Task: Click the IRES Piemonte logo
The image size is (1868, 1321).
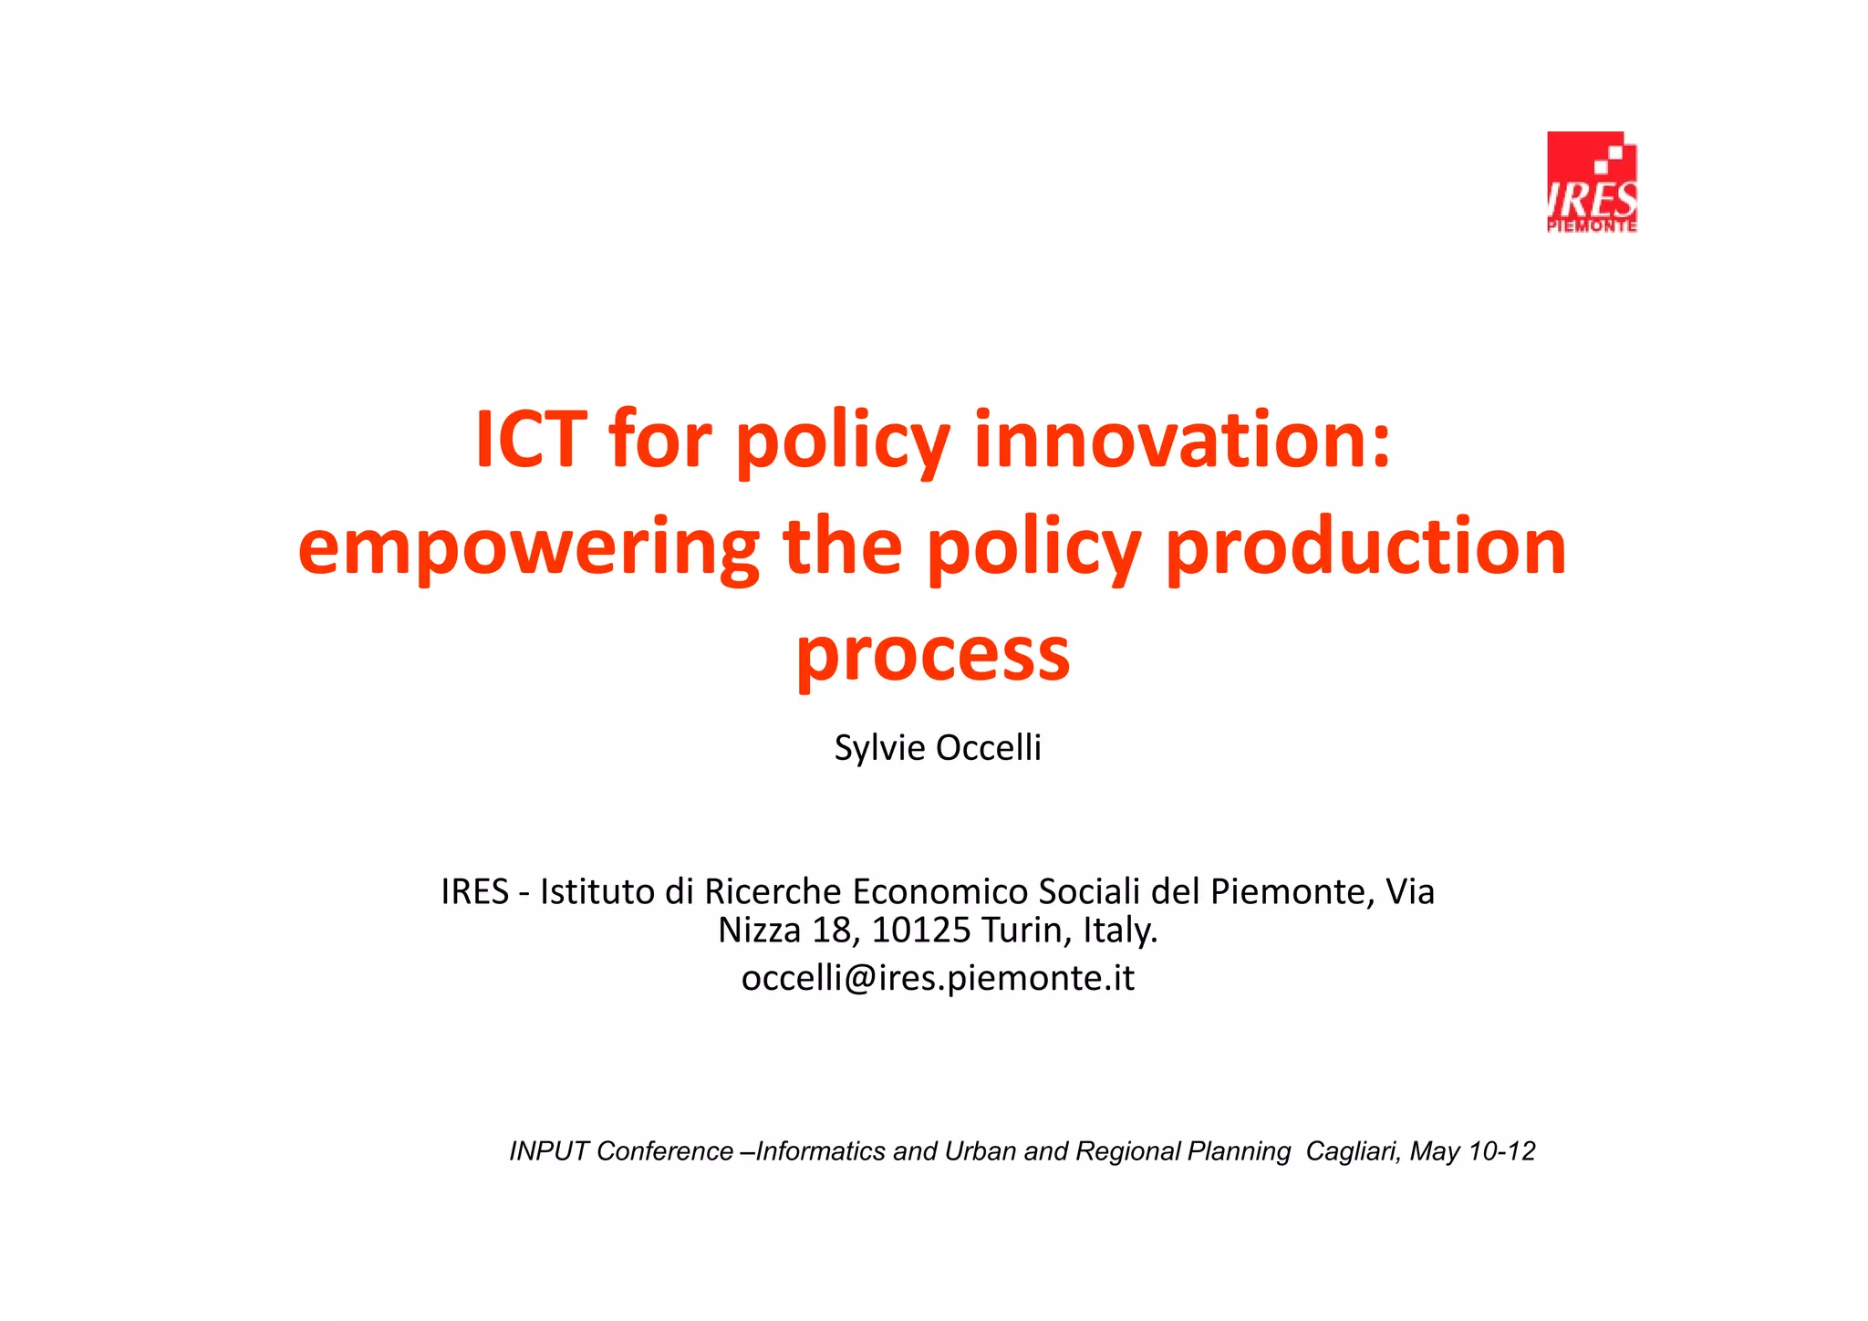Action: click(x=1592, y=182)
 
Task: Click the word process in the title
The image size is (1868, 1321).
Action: click(x=932, y=655)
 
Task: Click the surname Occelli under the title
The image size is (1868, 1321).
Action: click(x=989, y=748)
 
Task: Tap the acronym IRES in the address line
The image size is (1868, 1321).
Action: click(x=474, y=891)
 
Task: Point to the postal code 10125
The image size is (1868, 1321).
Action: click(x=921, y=931)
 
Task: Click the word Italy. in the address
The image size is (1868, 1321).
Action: click(x=1120, y=931)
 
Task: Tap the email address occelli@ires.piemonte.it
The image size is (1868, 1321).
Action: click(x=938, y=978)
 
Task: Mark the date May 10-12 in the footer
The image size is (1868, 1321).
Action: click(x=1472, y=1151)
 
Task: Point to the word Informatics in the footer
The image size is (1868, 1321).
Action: click(x=820, y=1151)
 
